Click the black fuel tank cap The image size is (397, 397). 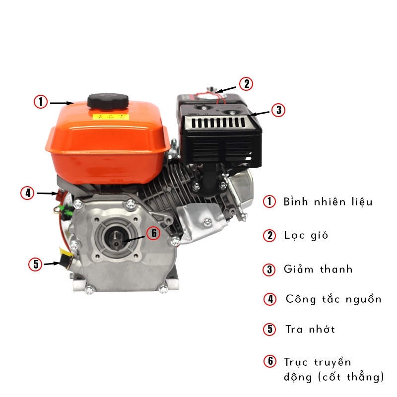pos(108,102)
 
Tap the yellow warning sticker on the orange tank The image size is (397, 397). pos(109,117)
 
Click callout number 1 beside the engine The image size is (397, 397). pos(41,102)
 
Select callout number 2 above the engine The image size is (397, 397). pos(246,84)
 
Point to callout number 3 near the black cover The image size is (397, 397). pos(278,110)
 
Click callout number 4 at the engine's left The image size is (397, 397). pos(27,193)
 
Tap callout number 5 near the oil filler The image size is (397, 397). pos(35,265)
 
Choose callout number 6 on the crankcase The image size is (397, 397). pos(153,233)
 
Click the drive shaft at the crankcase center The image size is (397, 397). pos(116,240)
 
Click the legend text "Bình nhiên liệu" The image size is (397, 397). pos(328,202)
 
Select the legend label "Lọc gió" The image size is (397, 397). pos(306,235)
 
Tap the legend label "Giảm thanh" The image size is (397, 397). pos(318,269)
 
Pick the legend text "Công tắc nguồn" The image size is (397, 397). pos(333,299)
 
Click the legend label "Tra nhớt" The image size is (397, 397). pos(310,329)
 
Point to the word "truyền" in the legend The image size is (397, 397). pos(332,362)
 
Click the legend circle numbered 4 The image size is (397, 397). pos(270,299)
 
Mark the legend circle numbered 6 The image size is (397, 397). pos(270,361)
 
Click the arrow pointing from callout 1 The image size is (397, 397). pos(62,103)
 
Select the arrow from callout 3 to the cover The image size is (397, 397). pos(259,114)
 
